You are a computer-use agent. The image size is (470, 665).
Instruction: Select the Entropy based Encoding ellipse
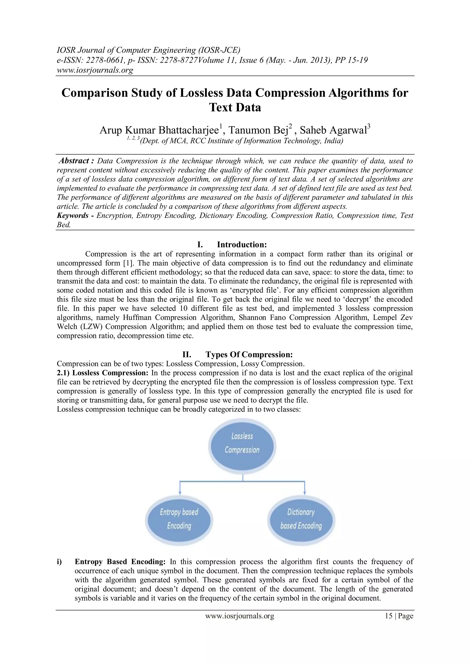click(179, 519)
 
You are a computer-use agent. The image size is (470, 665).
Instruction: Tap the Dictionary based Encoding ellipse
click(301, 519)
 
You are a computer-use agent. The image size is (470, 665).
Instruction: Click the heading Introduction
click(242, 245)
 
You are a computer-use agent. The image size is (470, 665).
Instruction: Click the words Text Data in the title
click(235, 107)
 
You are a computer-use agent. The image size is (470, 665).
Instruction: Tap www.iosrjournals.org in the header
click(95, 70)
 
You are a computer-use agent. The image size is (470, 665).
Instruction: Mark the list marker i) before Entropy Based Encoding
click(59, 562)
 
